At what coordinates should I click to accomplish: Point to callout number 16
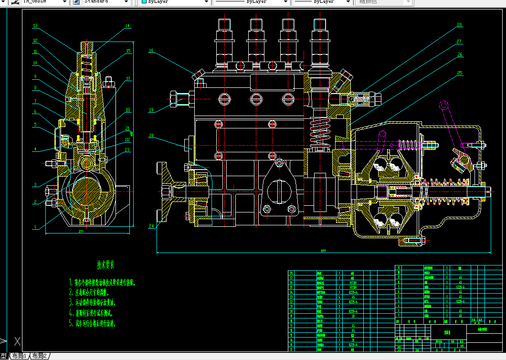click(151, 50)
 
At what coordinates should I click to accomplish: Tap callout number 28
click(460, 24)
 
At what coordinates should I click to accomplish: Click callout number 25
click(460, 74)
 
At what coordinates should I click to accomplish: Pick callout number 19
click(151, 110)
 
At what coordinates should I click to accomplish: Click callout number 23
click(127, 150)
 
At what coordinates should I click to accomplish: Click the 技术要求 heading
click(105, 265)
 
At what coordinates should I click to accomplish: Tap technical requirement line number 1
click(102, 282)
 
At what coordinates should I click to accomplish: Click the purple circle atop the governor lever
click(443, 105)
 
